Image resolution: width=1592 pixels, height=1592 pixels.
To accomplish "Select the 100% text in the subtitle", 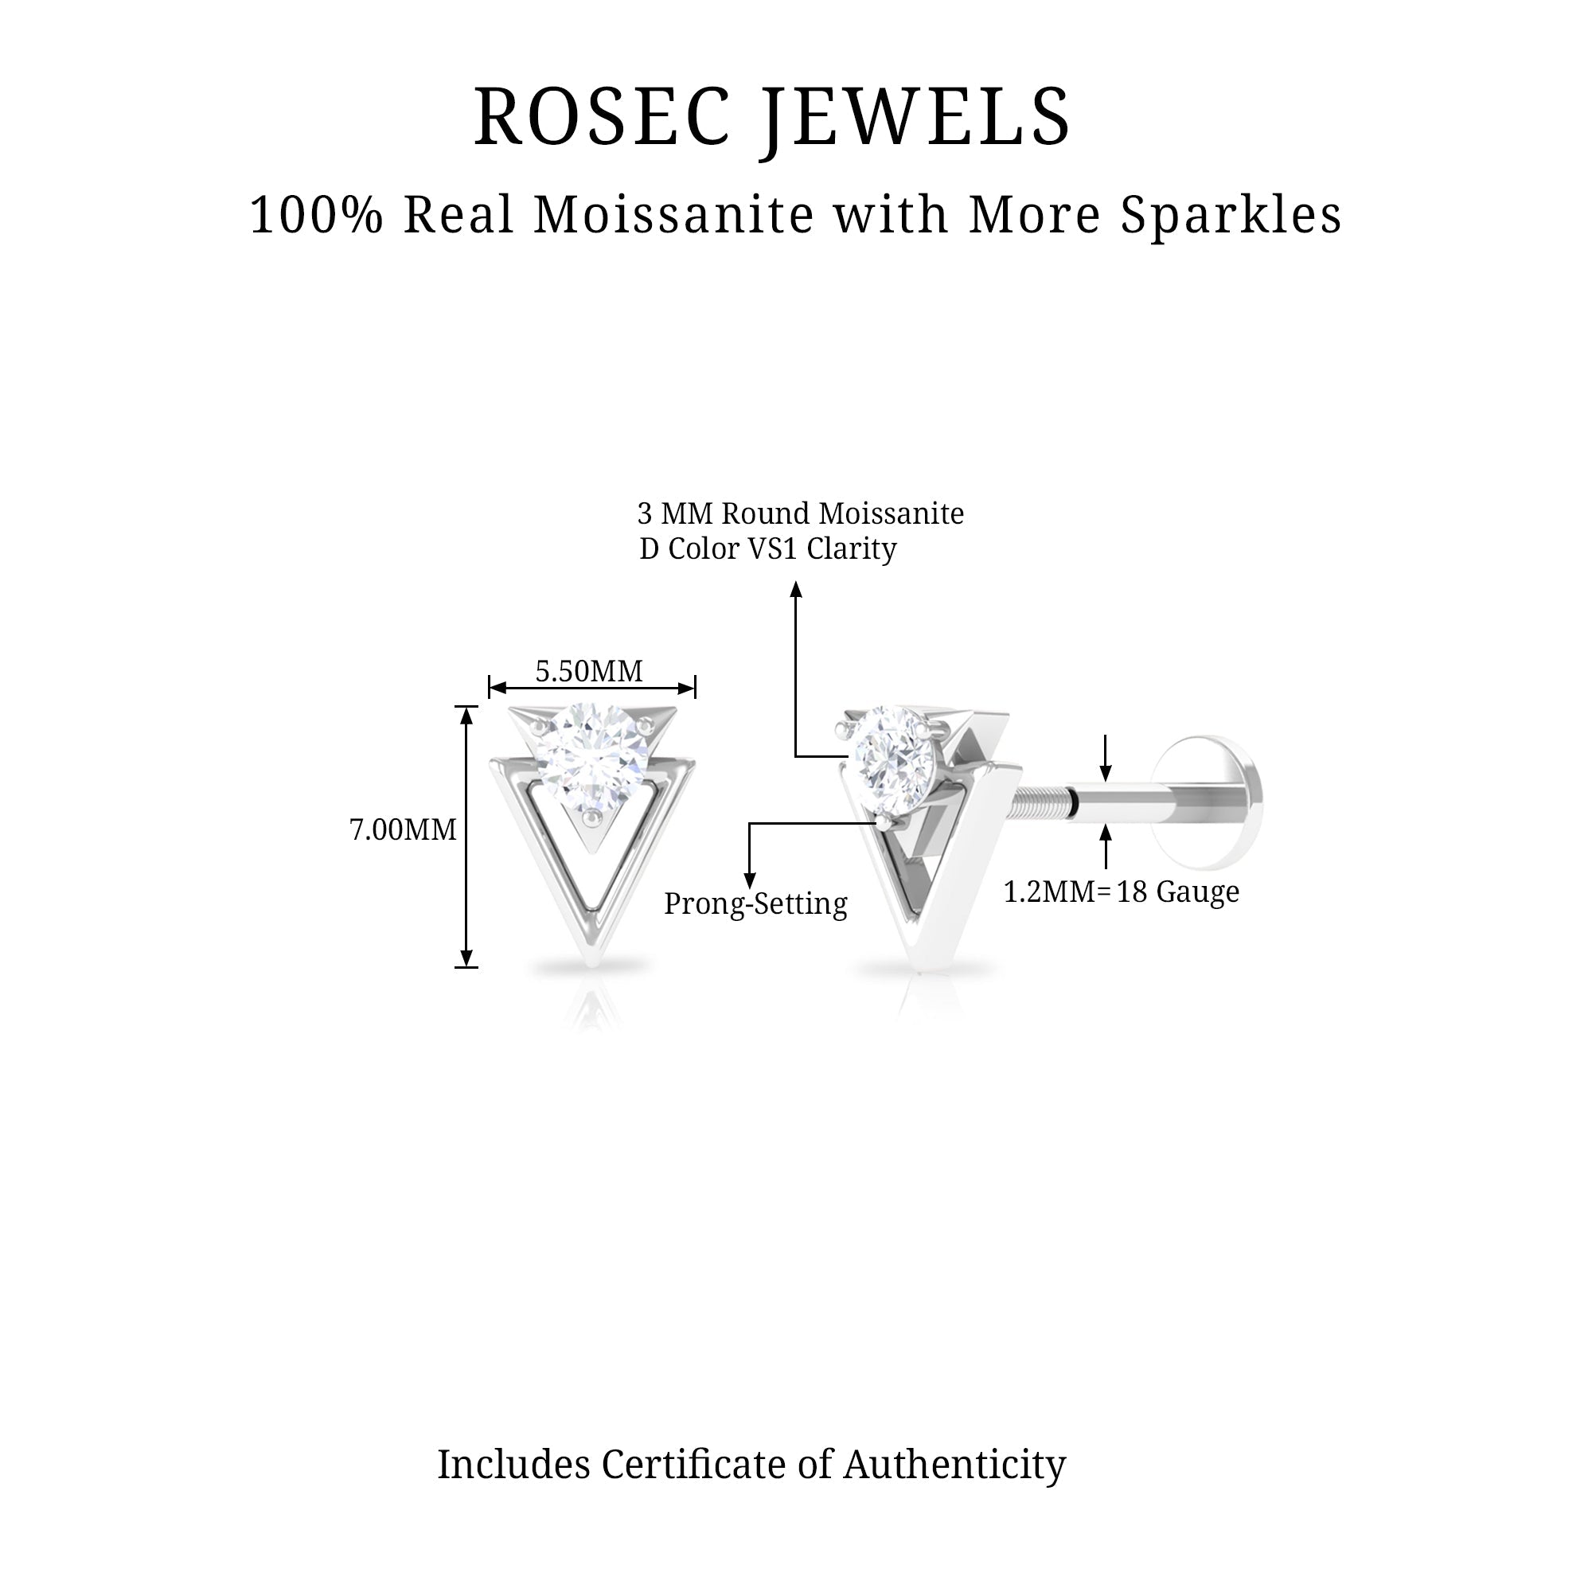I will pos(317,216).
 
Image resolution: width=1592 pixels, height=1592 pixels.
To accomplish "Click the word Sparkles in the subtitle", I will pos(1231,216).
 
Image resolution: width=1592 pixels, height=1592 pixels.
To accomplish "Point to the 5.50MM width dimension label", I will pos(588,672).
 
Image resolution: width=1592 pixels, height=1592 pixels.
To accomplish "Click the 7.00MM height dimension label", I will pos(403,829).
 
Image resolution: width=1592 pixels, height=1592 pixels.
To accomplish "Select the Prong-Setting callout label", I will pos(755,904).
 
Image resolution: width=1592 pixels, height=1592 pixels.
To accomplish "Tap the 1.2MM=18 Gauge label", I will pos(1121,892).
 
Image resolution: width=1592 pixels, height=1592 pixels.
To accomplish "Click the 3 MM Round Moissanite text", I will pos(800,514).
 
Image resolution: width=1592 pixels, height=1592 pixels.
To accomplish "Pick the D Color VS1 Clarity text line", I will pos(768,548).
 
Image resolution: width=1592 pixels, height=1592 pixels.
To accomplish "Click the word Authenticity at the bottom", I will pos(954,1465).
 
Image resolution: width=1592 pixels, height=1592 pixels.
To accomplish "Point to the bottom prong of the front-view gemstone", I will pos(591,816).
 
